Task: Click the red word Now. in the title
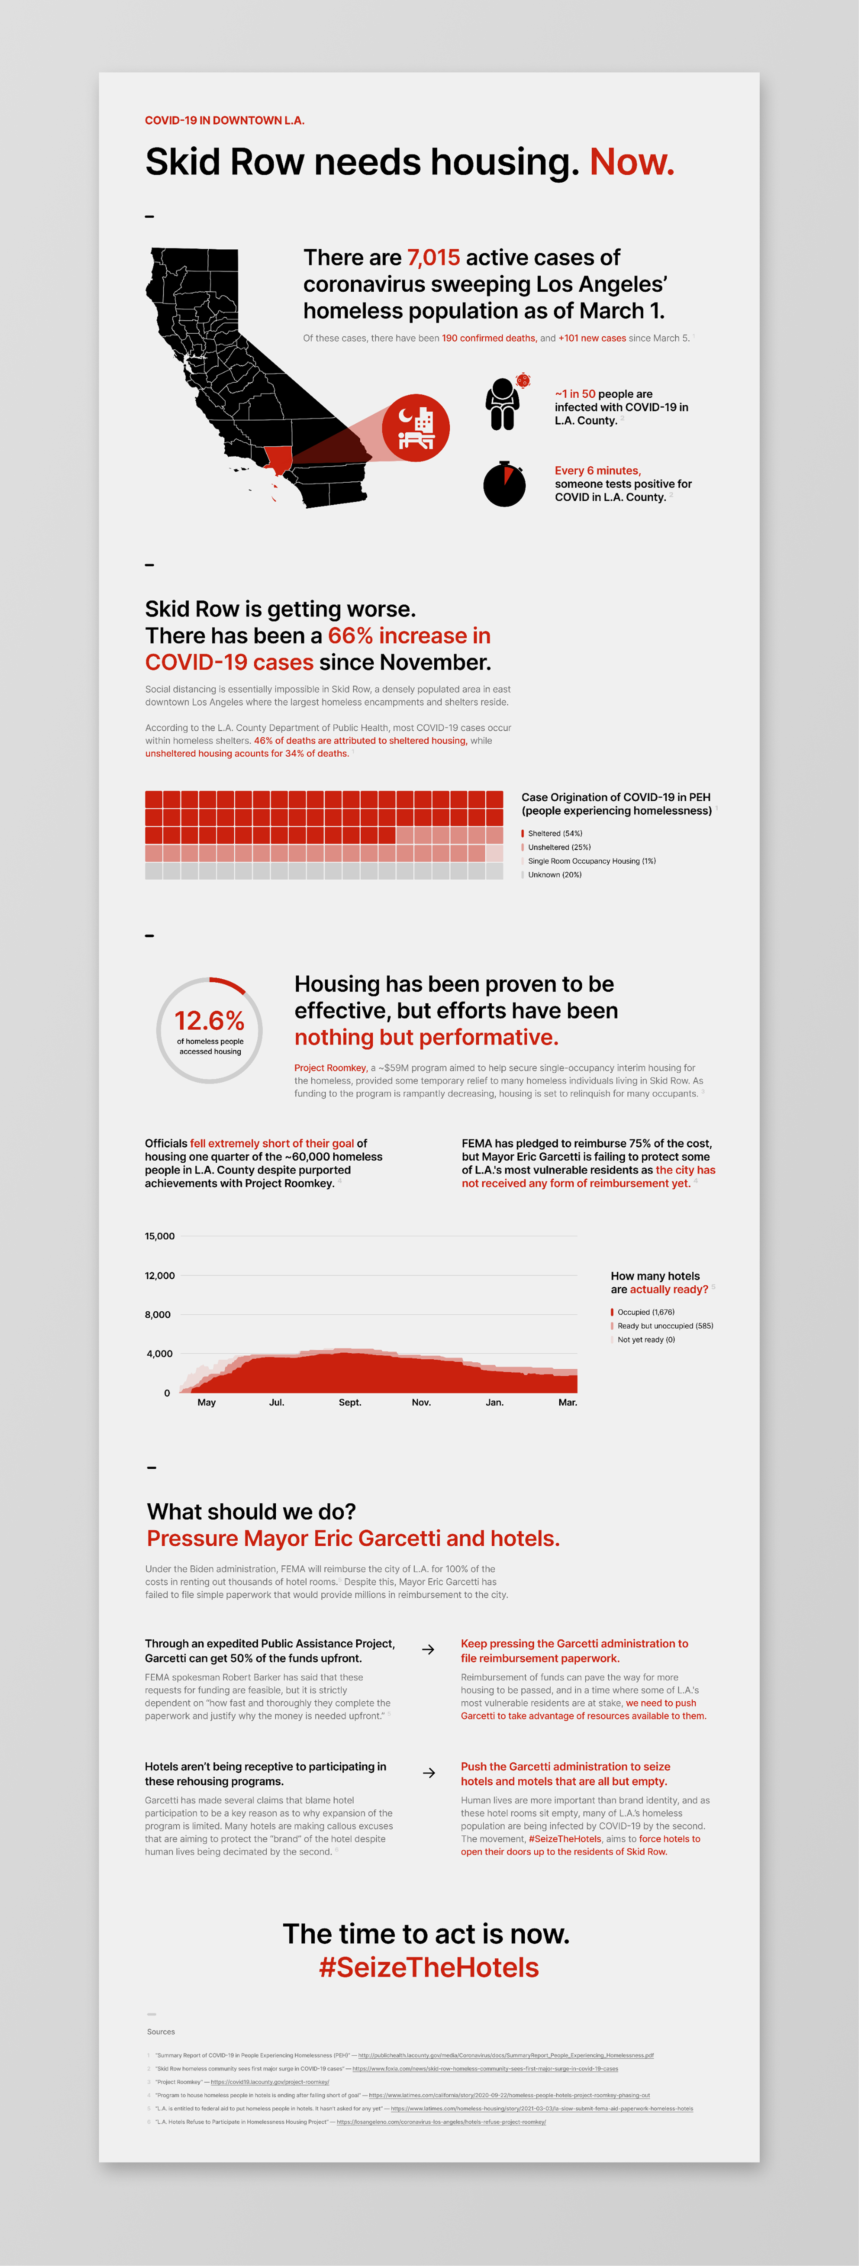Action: tap(631, 163)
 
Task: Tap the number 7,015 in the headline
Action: tap(433, 258)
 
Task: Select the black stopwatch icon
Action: tap(505, 484)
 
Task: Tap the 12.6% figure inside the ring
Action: tap(209, 1020)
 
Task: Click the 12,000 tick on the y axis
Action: tap(160, 1276)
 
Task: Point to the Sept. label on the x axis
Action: tap(350, 1402)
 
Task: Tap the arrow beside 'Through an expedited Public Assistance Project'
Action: tap(428, 1649)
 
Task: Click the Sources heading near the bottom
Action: tap(161, 2032)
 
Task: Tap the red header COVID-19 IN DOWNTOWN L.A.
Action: tap(224, 121)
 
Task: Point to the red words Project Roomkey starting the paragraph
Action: tap(330, 1068)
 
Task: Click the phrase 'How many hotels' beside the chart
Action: tap(655, 1276)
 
